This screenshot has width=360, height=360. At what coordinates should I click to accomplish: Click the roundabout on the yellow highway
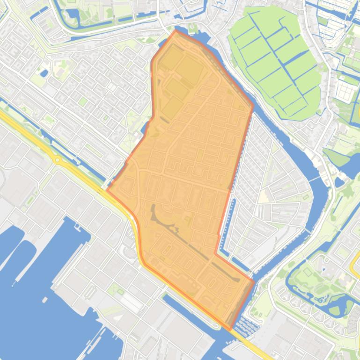click(58, 160)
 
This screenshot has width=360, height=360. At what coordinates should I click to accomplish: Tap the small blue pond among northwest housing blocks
click(44, 73)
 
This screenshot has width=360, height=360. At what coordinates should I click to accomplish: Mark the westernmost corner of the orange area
click(108, 190)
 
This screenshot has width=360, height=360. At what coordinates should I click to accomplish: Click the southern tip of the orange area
click(230, 329)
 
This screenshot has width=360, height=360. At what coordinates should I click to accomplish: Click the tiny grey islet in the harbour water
click(45, 300)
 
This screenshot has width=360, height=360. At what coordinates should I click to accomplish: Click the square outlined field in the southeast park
click(308, 271)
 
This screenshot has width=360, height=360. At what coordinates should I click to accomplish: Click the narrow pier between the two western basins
click(21, 262)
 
